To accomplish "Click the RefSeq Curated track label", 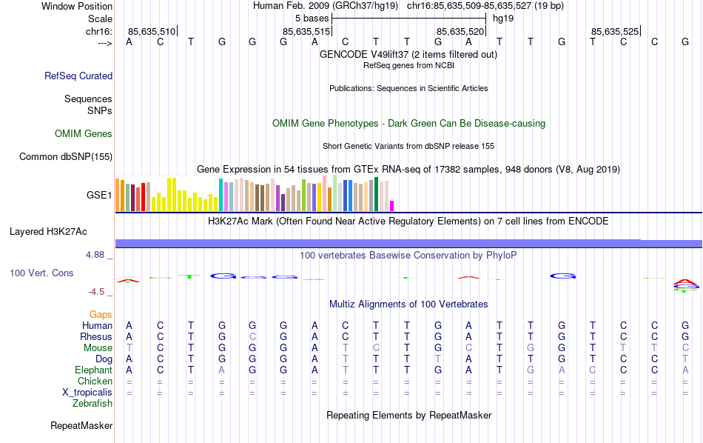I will point(78,76).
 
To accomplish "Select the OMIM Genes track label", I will point(84,134).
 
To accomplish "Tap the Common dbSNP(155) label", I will point(66,156).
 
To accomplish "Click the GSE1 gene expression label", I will point(99,196).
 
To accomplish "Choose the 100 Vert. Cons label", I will point(41,273).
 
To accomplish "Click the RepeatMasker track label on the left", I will point(81,426).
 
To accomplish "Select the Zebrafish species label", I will point(92,404).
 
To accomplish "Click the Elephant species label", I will point(93,370).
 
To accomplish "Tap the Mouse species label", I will point(98,348).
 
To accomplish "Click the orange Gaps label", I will point(101,315).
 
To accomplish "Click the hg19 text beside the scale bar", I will point(503,18).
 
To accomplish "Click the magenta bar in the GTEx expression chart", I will point(392,206).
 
